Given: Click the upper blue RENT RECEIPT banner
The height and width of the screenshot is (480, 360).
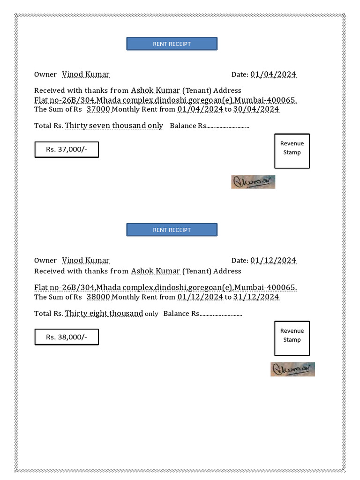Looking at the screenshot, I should coord(172,44).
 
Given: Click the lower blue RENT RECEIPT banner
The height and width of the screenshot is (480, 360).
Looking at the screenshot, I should coord(172,230).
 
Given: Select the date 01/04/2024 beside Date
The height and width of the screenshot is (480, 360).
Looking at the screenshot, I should coord(273,75).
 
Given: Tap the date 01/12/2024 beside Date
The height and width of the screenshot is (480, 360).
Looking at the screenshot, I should coord(273,261).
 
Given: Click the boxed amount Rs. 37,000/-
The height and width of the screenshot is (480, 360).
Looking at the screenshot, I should coord(67,150).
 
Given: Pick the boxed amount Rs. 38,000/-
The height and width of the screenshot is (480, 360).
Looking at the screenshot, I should coord(67,337).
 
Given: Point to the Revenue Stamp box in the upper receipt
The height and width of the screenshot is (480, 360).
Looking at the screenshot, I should coord(292,151).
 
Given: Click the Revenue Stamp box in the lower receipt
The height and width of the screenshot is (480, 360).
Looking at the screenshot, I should coord(292,338).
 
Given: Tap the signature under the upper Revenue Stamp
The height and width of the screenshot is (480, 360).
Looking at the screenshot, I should coord(253,182).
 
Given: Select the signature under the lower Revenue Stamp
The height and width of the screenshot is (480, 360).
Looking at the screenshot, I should coord(292,369).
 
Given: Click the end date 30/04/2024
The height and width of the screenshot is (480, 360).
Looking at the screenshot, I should coord(256,109).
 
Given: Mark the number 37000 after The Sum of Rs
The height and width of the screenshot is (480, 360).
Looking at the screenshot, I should coord(98,109).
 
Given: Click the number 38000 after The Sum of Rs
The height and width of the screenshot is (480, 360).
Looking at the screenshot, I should coord(98,297).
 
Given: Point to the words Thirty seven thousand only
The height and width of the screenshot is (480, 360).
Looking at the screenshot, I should coord(114,126).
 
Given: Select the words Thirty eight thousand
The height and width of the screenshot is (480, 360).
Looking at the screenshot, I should coord(104,313).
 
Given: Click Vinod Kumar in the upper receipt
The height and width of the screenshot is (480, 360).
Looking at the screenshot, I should coord(86,75).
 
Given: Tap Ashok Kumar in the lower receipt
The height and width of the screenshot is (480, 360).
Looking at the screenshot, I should coord(156,271).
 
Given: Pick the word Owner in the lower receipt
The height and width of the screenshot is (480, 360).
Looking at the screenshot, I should coord(45,261).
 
